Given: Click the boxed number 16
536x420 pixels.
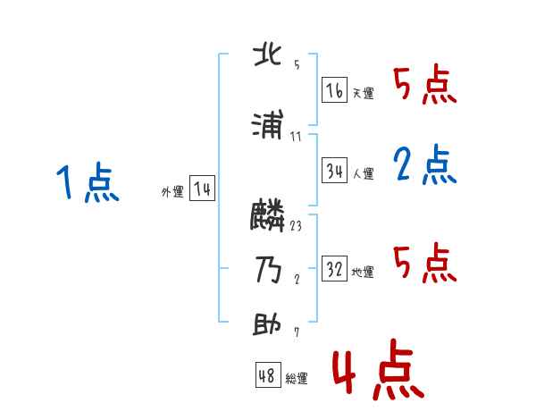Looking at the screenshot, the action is tap(334, 90).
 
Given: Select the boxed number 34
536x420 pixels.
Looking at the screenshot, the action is tap(334, 172).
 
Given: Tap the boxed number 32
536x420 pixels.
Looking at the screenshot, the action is tap(334, 269).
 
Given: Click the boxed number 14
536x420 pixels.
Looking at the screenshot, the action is tap(203, 189).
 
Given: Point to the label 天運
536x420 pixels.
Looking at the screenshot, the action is tap(363, 93).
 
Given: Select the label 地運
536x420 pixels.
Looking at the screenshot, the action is tap(363, 272).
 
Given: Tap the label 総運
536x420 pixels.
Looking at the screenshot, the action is tap(297, 378).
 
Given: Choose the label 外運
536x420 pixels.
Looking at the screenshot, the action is tap(172, 192).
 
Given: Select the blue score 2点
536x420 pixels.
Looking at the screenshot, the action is tap(424, 164).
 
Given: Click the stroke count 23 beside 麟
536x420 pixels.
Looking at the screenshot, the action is tap(296, 226).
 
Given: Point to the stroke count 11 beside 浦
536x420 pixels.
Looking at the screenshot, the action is tap(296, 137).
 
